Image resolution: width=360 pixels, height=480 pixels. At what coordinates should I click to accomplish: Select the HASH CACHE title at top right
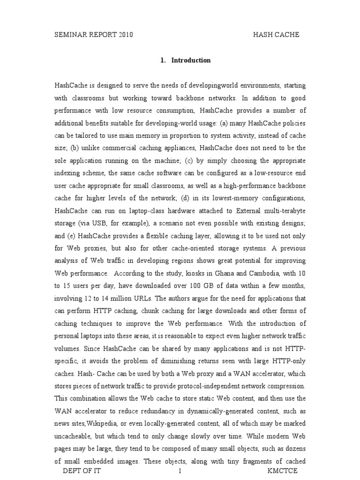tap(276, 35)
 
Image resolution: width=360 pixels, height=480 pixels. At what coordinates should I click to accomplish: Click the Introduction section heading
tap(191, 60)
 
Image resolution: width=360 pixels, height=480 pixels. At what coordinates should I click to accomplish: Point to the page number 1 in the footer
tap(180, 470)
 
